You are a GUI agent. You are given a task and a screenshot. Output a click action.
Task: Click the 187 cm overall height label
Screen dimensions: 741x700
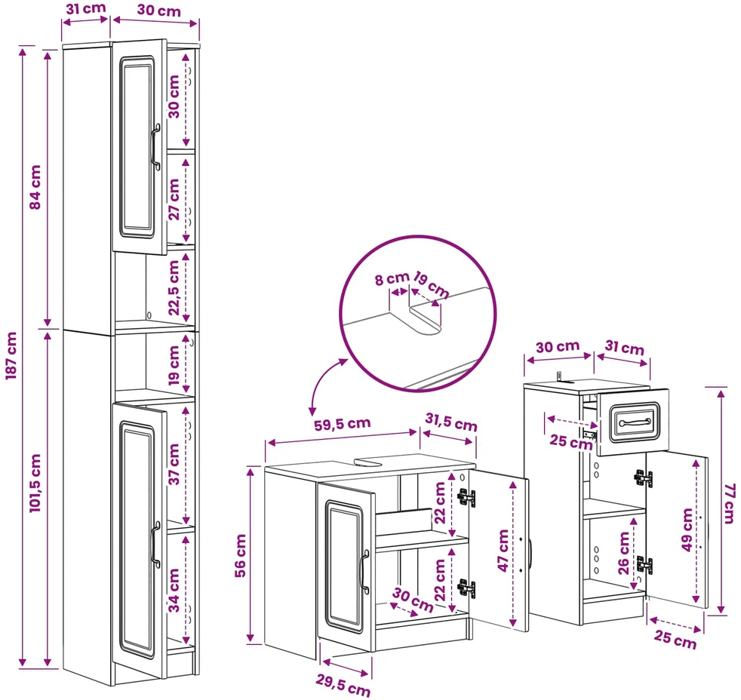[11, 355]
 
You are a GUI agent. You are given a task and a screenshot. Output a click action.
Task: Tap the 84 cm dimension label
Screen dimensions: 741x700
[35, 187]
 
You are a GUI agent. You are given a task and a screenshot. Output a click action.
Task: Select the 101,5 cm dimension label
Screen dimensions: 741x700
[35, 483]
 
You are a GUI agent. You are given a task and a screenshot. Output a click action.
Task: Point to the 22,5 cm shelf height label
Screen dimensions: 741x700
[174, 287]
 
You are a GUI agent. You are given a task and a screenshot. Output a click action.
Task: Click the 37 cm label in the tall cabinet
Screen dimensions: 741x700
[174, 464]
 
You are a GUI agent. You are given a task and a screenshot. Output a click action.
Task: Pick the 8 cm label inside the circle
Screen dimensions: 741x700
[392, 278]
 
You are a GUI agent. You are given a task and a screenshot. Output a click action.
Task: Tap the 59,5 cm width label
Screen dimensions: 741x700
[342, 424]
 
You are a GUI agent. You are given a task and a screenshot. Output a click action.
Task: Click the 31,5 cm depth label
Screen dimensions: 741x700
[450, 422]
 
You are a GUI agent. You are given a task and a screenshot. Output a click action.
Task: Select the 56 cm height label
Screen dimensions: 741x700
[241, 555]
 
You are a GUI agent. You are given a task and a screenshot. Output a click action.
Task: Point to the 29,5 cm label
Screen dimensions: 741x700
[343, 686]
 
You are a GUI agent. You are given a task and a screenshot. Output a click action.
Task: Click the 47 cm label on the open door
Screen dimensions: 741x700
[503, 551]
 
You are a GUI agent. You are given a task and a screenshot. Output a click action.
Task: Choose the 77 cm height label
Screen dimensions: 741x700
[730, 503]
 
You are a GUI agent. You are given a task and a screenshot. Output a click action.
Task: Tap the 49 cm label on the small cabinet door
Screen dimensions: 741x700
[687, 529]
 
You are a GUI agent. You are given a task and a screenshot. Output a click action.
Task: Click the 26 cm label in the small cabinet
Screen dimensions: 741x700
[624, 553]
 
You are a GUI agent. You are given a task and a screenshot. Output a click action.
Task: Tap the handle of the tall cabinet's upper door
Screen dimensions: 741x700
[155, 147]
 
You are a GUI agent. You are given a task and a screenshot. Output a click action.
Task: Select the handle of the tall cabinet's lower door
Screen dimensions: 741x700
[155, 544]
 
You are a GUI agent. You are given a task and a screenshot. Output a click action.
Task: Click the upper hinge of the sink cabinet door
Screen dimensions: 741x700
[466, 497]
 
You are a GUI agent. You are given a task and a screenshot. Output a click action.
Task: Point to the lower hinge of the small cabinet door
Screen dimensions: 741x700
[644, 565]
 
